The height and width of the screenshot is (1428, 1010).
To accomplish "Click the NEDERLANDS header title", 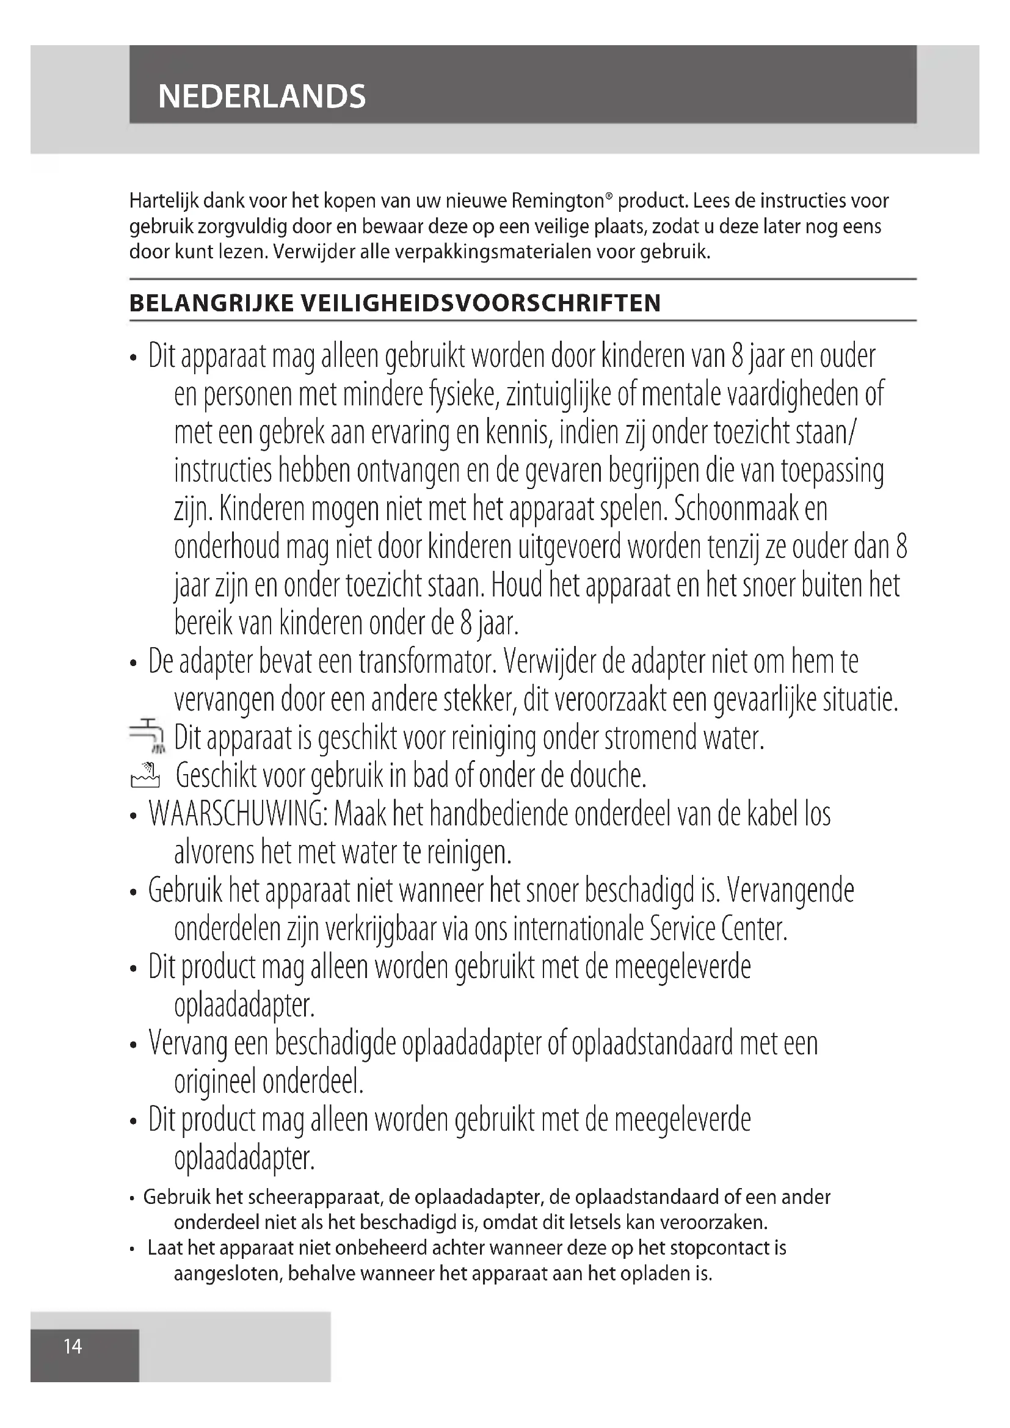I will click(262, 96).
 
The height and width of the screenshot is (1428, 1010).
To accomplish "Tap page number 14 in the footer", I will click(73, 1346).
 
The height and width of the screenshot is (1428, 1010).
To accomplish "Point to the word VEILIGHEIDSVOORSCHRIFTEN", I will click(480, 303).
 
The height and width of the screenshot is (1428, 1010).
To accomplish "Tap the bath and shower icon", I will click(145, 775).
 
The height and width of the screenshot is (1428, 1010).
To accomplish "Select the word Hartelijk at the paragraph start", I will click(163, 201).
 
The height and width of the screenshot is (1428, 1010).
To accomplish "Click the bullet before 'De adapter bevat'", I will click(133, 664).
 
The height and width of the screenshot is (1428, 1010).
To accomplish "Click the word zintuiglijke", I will click(559, 394).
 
